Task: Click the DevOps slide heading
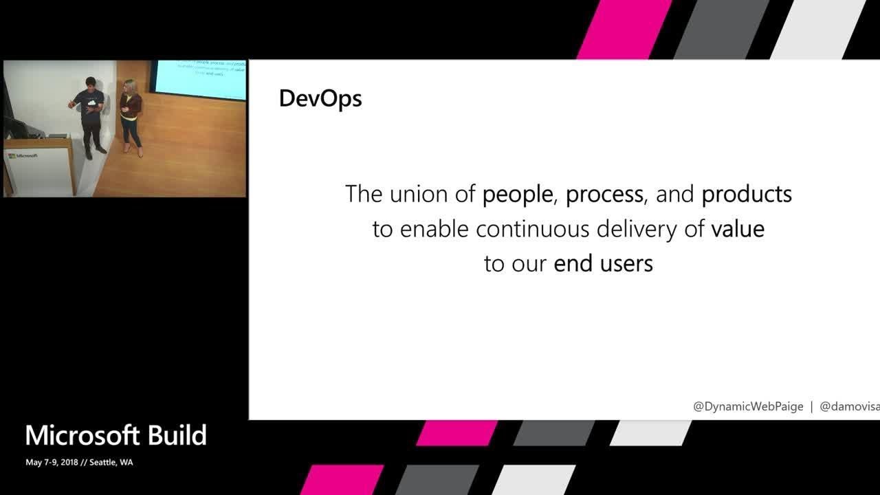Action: tap(320, 99)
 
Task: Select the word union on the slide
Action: tap(419, 195)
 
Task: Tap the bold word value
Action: tap(738, 229)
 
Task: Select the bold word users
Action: tap(626, 263)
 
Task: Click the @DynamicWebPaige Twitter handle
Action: tap(748, 406)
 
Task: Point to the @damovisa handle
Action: tap(849, 406)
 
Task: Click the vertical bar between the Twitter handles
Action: tap(811, 406)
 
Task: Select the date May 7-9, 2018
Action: tap(51, 463)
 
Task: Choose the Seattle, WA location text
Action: tap(111, 463)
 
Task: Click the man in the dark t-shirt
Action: tap(90, 117)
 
